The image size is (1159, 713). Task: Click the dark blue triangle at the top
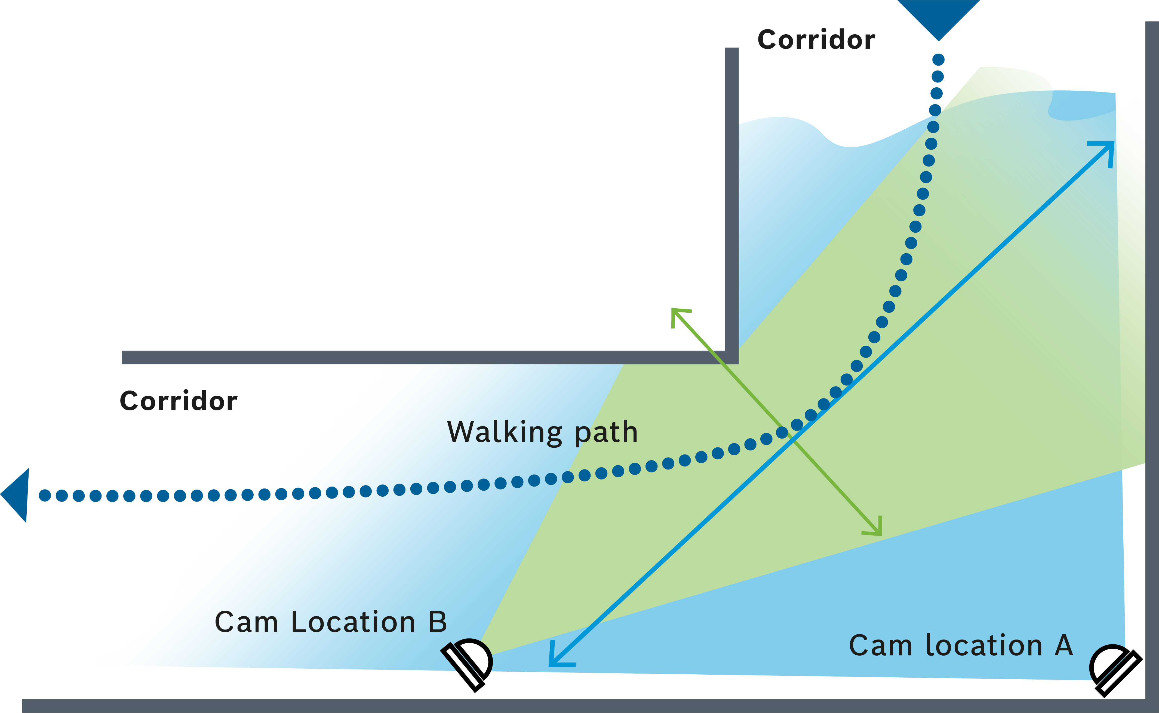pos(938,17)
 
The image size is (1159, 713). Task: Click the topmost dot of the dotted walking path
pos(938,59)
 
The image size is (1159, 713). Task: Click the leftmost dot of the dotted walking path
pos(45,495)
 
